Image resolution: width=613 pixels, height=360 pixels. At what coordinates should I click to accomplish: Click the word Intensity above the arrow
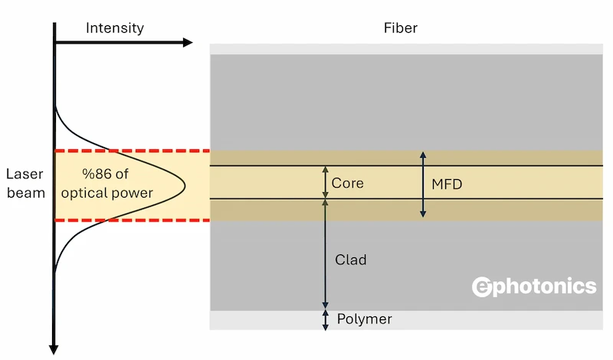(x=115, y=29)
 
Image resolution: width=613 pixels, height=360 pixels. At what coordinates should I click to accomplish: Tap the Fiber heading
(x=401, y=29)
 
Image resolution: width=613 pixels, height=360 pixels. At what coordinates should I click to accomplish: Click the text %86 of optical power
(x=117, y=184)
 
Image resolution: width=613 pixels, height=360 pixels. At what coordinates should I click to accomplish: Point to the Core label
(x=347, y=184)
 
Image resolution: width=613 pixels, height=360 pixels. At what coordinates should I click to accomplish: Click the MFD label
(x=447, y=184)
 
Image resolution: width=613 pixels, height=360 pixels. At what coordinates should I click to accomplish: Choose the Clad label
(x=351, y=260)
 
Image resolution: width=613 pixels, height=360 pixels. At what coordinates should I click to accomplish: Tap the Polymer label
(x=364, y=319)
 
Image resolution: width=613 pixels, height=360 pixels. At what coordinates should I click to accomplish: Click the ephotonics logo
(x=533, y=286)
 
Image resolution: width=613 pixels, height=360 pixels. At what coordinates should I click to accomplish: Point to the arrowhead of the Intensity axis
(x=187, y=42)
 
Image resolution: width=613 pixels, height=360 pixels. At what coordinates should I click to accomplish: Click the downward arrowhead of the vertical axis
(x=54, y=349)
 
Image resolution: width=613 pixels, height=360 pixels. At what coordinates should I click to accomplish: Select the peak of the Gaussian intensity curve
(x=185, y=184)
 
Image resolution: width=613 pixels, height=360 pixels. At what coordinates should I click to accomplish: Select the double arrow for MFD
(x=422, y=184)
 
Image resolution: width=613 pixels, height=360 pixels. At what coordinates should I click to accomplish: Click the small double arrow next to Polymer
(x=325, y=319)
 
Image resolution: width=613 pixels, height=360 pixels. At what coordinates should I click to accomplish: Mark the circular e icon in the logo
(x=482, y=286)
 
